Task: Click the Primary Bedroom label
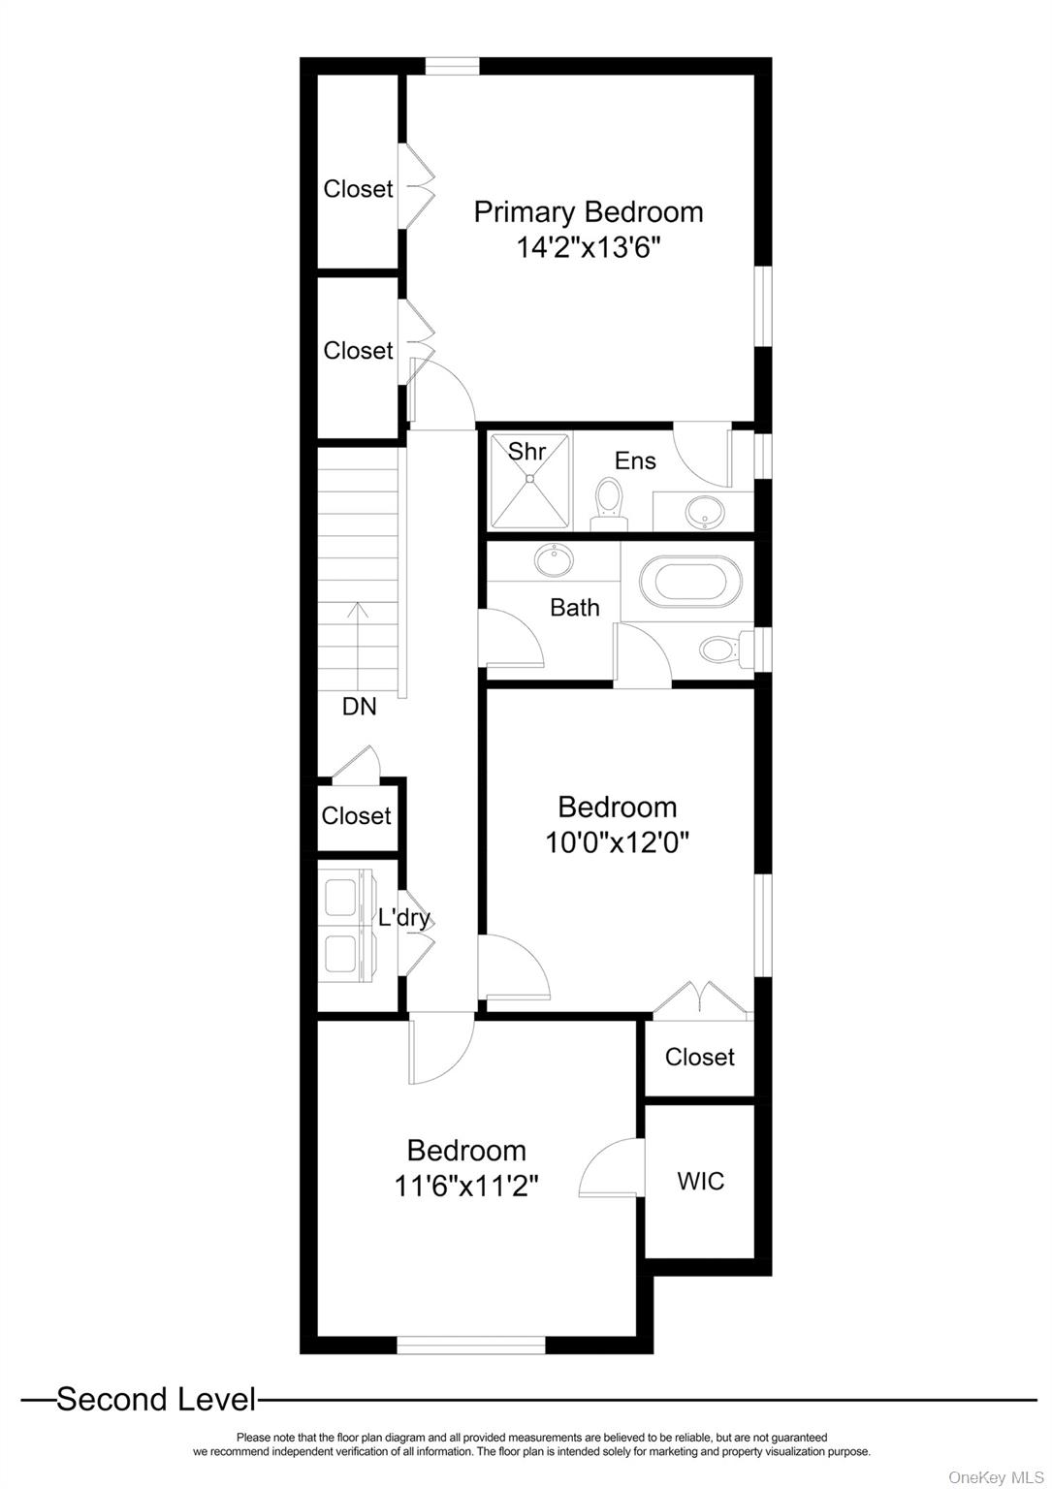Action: (588, 212)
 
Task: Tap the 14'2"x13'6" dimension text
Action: (589, 248)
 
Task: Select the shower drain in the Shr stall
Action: (530, 477)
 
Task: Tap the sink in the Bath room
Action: (554, 560)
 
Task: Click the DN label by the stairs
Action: (359, 707)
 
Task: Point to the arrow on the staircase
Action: (359, 646)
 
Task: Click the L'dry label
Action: (404, 918)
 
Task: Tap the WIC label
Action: (700, 1182)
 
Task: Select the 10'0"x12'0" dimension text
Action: (617, 842)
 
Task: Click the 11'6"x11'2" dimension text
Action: (466, 1186)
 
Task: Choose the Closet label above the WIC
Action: (700, 1057)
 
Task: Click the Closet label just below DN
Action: (357, 815)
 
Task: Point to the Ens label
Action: (635, 460)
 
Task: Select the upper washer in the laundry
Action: (344, 896)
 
